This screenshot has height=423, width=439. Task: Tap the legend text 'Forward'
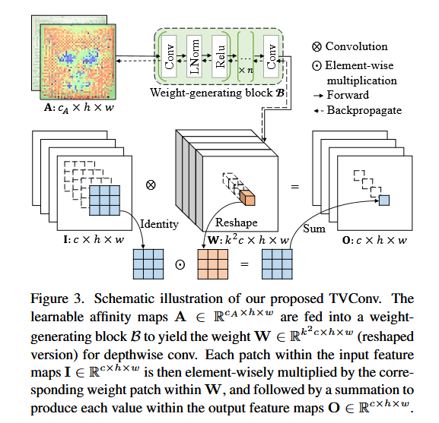click(351, 96)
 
